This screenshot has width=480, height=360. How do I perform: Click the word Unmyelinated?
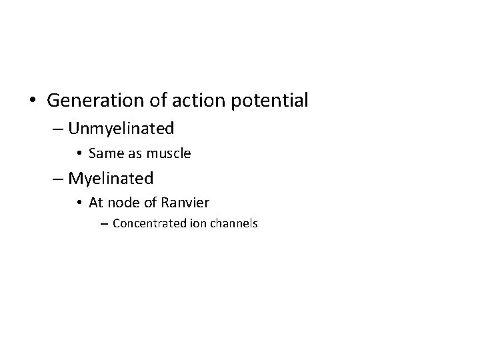[121, 128]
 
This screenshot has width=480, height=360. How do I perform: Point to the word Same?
[101, 153]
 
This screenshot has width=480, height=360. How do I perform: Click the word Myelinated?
[111, 179]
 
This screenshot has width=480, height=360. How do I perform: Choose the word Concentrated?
[149, 223]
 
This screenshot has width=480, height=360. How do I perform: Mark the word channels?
[233, 223]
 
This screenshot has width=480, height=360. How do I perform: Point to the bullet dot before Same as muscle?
[79, 154]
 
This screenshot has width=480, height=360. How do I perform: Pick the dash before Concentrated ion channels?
[105, 224]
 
